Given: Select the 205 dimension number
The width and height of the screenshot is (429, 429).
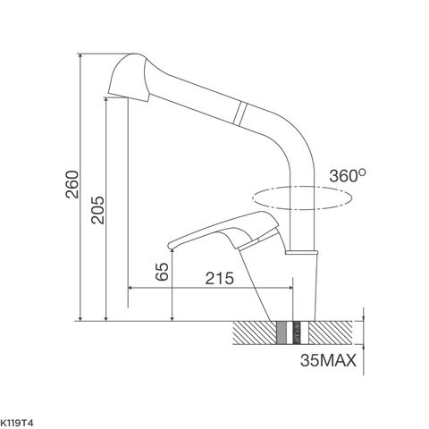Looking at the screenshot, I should (97, 211).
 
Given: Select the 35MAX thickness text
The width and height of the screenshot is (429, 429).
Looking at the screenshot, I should (329, 361).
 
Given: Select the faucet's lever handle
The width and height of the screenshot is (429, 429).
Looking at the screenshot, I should (214, 231).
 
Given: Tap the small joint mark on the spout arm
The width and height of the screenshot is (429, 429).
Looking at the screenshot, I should (239, 114).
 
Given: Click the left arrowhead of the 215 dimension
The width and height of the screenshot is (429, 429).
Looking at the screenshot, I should (134, 289).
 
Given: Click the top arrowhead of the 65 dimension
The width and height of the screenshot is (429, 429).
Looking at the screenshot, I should (172, 251).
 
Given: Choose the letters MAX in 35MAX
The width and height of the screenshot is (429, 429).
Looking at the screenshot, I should (339, 361).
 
